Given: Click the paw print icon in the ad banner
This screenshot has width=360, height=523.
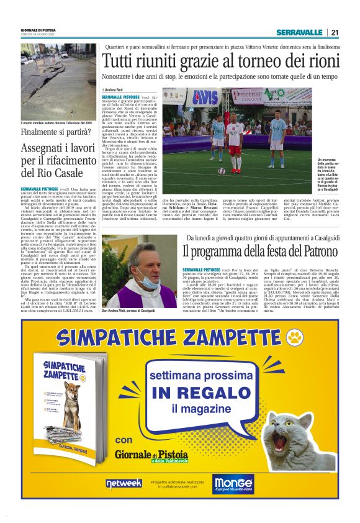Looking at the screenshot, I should [296, 339].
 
